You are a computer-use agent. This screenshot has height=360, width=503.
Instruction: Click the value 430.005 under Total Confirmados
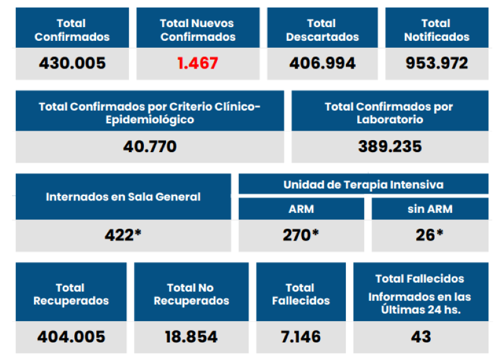pyautogui.click(x=72, y=63)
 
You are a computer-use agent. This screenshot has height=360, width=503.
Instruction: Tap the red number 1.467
pyautogui.click(x=197, y=63)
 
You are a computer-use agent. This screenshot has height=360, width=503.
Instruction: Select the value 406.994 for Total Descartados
pyautogui.click(x=323, y=63)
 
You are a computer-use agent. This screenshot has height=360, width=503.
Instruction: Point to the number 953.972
pyautogui.click(x=436, y=63)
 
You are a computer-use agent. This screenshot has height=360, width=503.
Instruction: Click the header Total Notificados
pyautogui.click(x=436, y=30)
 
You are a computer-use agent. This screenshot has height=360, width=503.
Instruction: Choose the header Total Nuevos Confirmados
pyautogui.click(x=197, y=30)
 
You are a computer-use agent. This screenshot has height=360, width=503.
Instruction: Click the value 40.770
pyautogui.click(x=150, y=146)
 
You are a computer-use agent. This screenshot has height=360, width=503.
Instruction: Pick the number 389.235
pyautogui.click(x=390, y=146)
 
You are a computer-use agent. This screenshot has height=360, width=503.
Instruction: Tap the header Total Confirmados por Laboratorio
pyautogui.click(x=390, y=112)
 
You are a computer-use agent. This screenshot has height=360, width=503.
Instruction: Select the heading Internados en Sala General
pyautogui.click(x=123, y=197)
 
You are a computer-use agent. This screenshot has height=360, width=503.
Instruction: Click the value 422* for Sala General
pyautogui.click(x=123, y=235)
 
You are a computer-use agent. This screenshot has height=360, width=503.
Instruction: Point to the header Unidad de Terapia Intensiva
pyautogui.click(x=363, y=185)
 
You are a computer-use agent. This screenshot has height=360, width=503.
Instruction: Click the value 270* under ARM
pyautogui.click(x=301, y=235)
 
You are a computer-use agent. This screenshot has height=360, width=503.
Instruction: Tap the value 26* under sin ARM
pyautogui.click(x=430, y=235)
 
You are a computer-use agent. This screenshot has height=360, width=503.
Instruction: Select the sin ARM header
pyautogui.click(x=430, y=209)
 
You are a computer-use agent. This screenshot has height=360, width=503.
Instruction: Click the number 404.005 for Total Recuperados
pyautogui.click(x=70, y=337)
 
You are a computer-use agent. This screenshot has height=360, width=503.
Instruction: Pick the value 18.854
pyautogui.click(x=191, y=337)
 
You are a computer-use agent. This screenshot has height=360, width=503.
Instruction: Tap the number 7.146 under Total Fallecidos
pyautogui.click(x=301, y=337)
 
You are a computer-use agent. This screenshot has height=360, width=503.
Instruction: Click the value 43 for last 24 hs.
pyautogui.click(x=421, y=337)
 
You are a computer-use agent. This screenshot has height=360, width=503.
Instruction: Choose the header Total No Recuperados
pyautogui.click(x=191, y=294)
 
